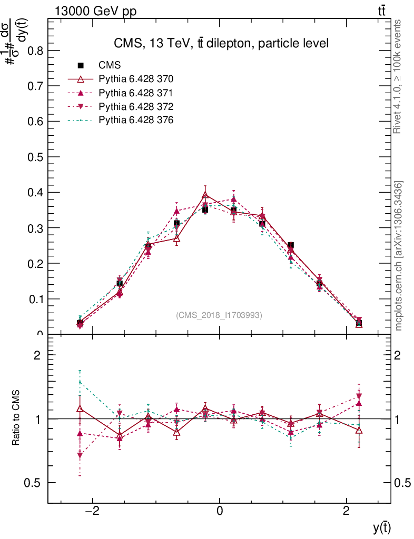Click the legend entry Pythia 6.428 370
[x=136, y=79]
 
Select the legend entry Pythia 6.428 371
[x=136, y=93]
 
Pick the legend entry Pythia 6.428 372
[x=136, y=106]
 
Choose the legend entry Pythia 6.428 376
[x=136, y=120]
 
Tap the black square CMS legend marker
[x=81, y=65]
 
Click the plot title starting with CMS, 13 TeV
[x=221, y=44]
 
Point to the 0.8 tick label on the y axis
[x=34, y=51]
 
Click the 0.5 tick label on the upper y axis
[x=34, y=157]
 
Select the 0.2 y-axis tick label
[x=34, y=263]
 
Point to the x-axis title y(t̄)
[x=382, y=527]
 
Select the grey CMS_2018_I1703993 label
[x=219, y=315]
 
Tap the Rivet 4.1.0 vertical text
[x=398, y=77]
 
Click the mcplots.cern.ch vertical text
[x=399, y=256]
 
